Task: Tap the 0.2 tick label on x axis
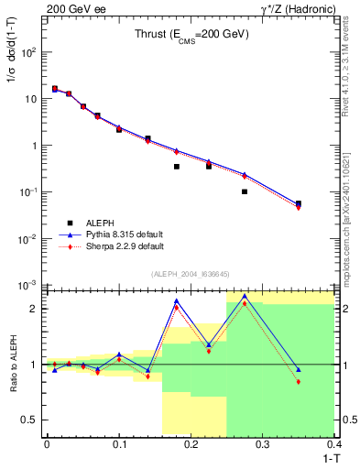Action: click(191, 444)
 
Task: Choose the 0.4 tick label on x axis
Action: click(334, 444)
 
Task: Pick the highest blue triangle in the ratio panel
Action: click(245, 296)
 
